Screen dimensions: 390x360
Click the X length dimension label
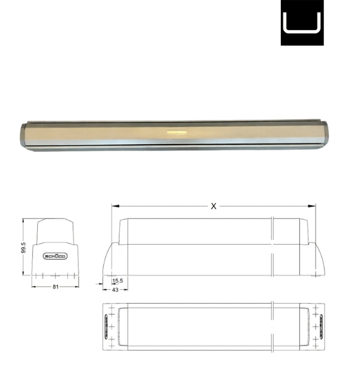[x=214, y=206]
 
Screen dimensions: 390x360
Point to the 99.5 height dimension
[x=23, y=247]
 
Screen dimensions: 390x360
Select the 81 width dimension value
[x=55, y=287]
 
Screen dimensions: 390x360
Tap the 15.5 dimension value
[x=118, y=281]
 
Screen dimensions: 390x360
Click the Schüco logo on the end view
[x=56, y=256]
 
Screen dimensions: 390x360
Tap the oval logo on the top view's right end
[x=318, y=326]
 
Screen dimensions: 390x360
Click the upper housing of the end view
[x=56, y=231]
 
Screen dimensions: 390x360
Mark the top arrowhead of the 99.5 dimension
[x=23, y=220]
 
